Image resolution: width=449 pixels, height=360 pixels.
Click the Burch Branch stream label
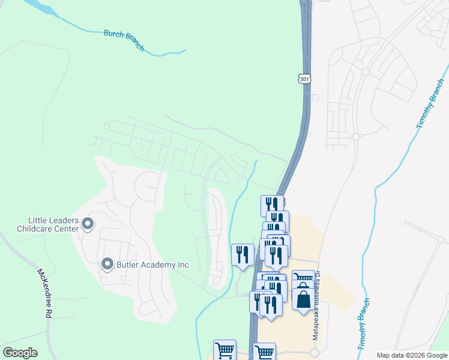[124, 41]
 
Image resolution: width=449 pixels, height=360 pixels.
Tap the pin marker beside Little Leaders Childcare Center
[88, 224]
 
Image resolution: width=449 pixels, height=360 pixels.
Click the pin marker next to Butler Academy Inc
[108, 264]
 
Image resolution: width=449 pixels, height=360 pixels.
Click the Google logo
[20, 353]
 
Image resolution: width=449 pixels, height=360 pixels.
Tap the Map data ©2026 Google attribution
[412, 355]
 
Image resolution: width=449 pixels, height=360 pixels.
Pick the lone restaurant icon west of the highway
[243, 254]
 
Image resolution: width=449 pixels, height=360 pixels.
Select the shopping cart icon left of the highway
[224, 350]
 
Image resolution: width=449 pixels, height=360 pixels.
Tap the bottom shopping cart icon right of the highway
[264, 352]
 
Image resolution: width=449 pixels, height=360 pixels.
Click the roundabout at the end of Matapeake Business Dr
[315, 353]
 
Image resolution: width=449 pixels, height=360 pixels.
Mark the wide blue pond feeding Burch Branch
[40, 8]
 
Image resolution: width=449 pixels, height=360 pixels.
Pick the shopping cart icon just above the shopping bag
[303, 279]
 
